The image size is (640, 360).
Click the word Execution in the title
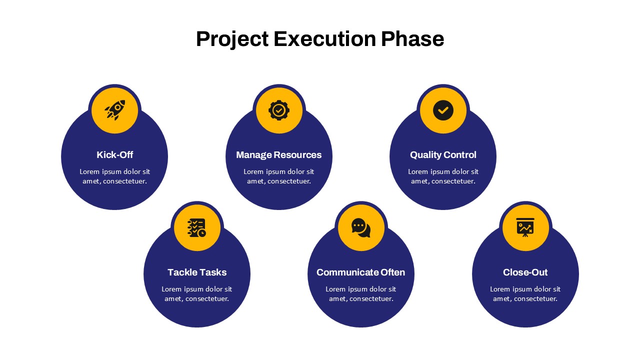click(x=325, y=39)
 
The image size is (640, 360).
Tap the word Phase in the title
click(x=412, y=39)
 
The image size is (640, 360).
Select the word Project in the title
click(x=232, y=39)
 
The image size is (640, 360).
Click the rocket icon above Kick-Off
click(x=115, y=110)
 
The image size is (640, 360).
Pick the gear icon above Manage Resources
click(x=279, y=110)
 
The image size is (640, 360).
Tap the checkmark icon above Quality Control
click(x=443, y=110)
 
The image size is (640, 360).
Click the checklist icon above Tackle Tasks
click(x=196, y=227)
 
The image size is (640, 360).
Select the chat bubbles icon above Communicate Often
click(x=361, y=227)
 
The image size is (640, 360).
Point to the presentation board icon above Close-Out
click(x=525, y=227)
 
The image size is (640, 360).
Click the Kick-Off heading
click(x=115, y=155)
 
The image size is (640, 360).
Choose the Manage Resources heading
click(x=279, y=155)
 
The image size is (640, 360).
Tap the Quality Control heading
click(x=443, y=155)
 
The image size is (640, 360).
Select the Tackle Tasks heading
click(x=197, y=272)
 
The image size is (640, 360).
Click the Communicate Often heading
click(x=361, y=272)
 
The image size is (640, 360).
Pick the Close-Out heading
click(x=525, y=272)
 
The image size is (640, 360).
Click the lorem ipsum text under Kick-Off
click(x=114, y=176)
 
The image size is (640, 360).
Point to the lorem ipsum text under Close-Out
click(x=525, y=293)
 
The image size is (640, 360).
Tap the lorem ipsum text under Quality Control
click(x=443, y=176)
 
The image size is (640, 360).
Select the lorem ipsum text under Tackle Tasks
click(x=197, y=293)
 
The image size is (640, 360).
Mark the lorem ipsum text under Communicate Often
click(x=361, y=293)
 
